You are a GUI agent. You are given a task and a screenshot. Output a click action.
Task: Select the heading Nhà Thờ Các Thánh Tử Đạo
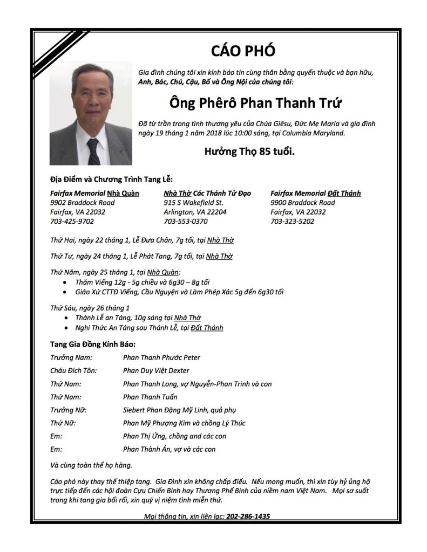tap(204, 193)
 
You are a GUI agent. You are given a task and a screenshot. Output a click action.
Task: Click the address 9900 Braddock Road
tap(302, 203)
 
